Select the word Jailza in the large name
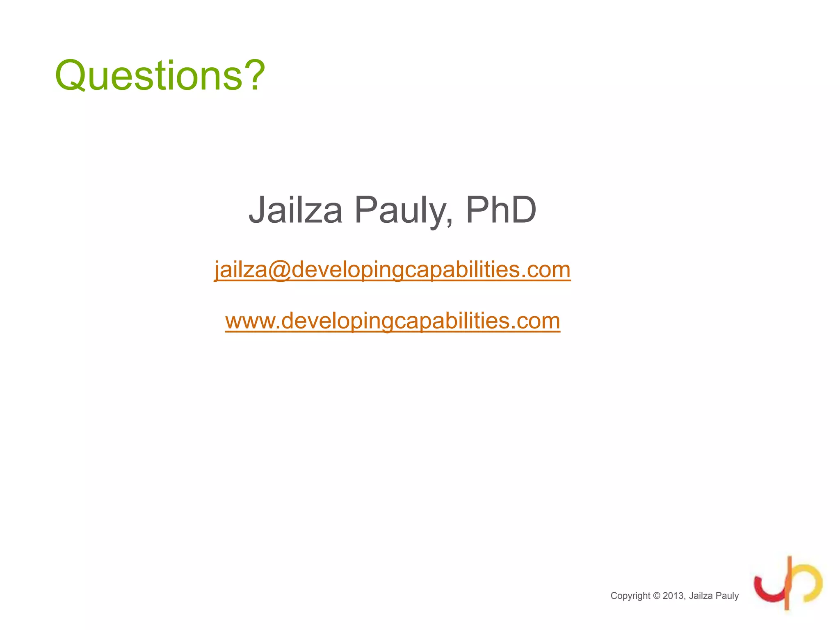click(x=295, y=210)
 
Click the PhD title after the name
click(x=501, y=210)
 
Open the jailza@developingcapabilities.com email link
click(x=392, y=270)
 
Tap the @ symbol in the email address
click(x=279, y=270)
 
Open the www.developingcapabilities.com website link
click(x=393, y=321)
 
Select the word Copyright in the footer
click(x=630, y=596)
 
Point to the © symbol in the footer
click(x=656, y=596)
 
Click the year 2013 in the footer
click(x=673, y=596)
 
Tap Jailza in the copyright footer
click(x=701, y=596)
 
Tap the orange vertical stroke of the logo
click(x=788, y=582)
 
